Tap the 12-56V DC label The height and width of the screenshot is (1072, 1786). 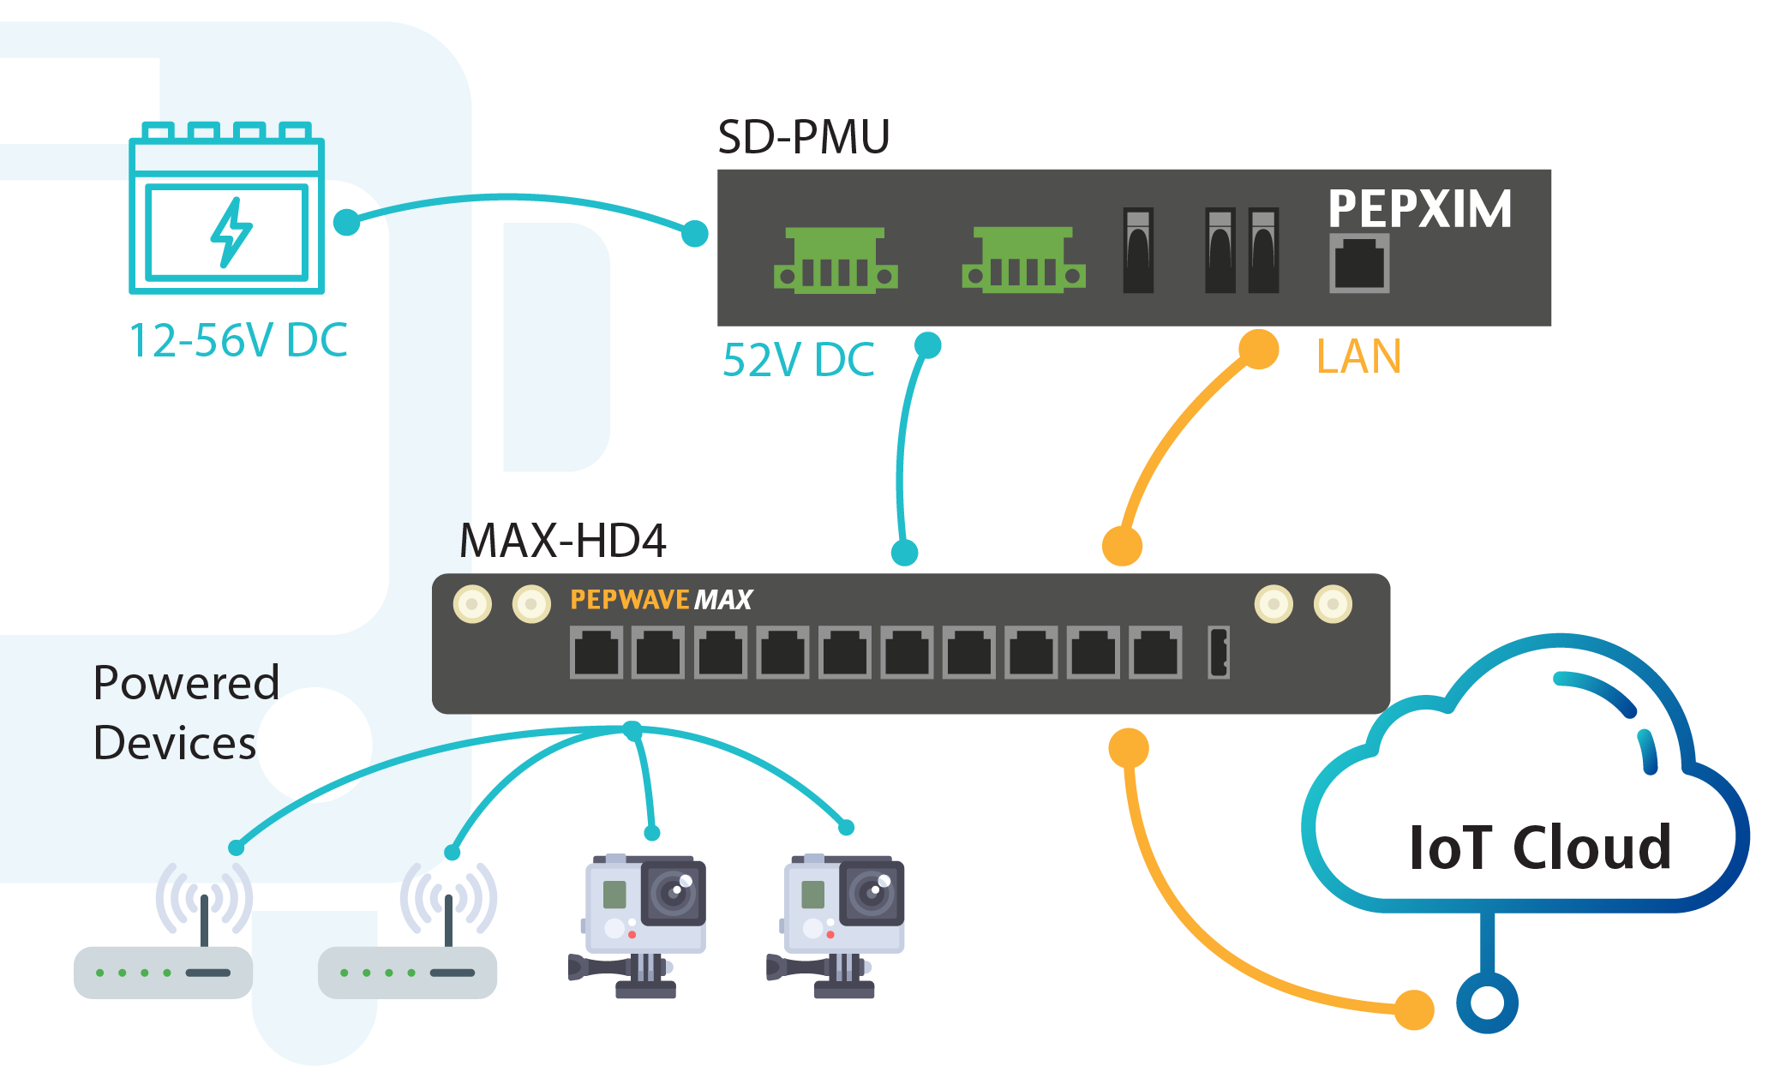tap(238, 340)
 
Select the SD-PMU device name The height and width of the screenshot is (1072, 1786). tap(803, 137)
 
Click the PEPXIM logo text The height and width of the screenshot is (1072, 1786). tap(1420, 208)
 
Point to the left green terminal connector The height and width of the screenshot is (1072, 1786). tap(836, 261)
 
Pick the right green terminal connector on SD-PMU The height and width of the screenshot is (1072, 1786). tap(1023, 261)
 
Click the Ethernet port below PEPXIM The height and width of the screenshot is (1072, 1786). tap(1359, 264)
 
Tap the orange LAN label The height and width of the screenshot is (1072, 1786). tap(1358, 356)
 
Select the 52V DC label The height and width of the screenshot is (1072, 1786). tap(798, 360)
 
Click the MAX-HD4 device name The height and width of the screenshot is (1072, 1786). tap(562, 541)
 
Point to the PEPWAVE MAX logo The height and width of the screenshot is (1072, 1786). tap(661, 600)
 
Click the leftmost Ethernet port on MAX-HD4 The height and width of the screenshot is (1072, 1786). tap(596, 653)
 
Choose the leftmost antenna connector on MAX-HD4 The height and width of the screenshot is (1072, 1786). tap(472, 604)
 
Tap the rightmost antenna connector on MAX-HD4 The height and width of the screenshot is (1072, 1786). tap(1333, 604)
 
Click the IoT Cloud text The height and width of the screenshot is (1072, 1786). tap(1540, 847)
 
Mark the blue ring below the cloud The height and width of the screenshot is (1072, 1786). tap(1487, 1003)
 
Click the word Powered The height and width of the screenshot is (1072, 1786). tap(186, 683)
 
